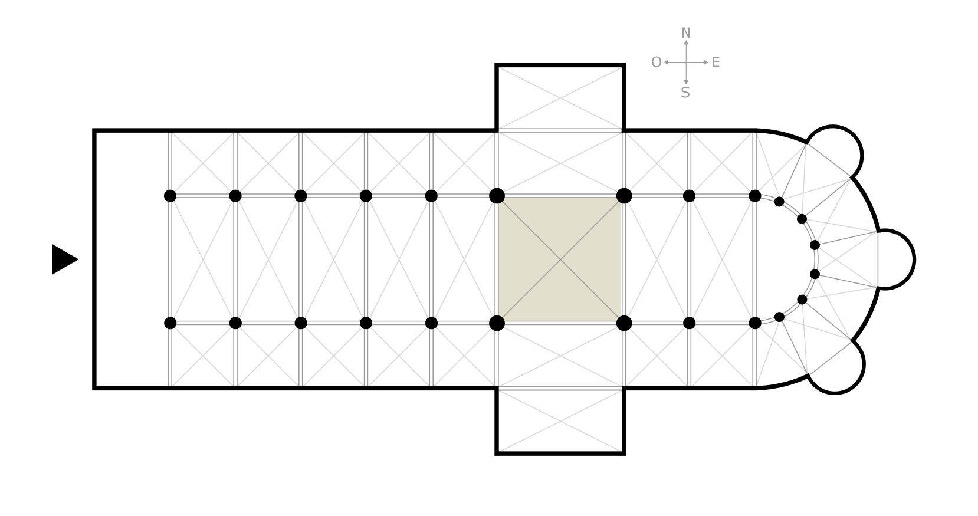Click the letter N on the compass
(x=685, y=33)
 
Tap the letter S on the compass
(x=685, y=93)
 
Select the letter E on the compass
(x=716, y=63)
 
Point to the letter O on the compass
(x=656, y=63)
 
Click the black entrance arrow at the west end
(x=64, y=259)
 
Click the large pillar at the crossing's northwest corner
(x=497, y=196)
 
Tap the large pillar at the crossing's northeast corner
(x=624, y=196)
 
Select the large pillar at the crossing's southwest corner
(x=497, y=323)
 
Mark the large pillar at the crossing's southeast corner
(x=624, y=323)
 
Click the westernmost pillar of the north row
(x=170, y=196)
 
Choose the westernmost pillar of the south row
(x=170, y=323)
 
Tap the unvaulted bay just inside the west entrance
(x=132, y=259)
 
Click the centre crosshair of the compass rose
(x=686, y=63)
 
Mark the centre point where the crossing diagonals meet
(x=560, y=259)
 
